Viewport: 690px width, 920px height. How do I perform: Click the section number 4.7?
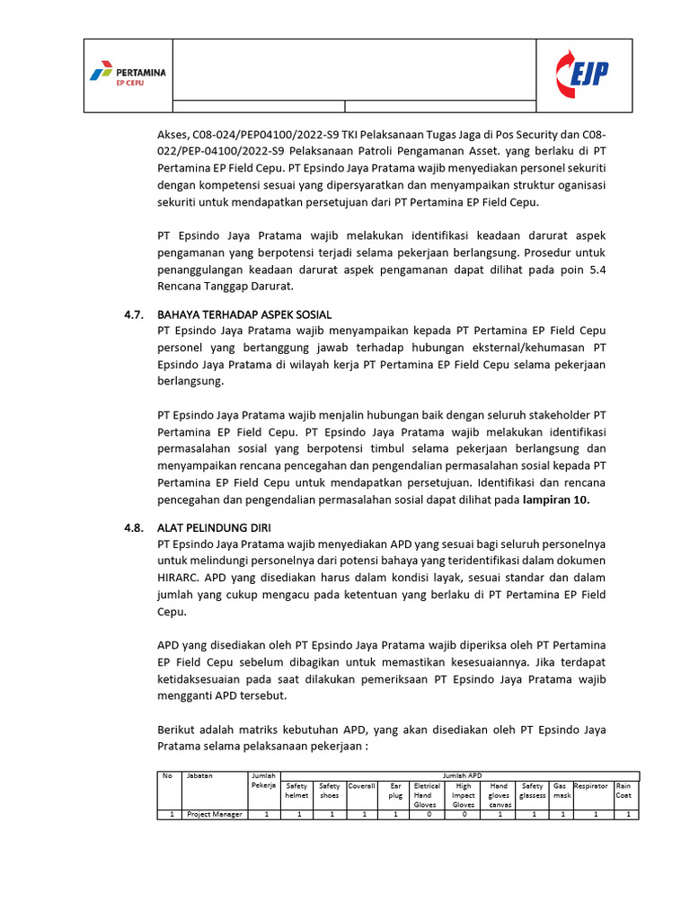pyautogui.click(x=134, y=314)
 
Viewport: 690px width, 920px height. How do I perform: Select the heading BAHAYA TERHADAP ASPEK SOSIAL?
pyautogui.click(x=244, y=314)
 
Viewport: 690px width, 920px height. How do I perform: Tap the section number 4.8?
pyautogui.click(x=134, y=528)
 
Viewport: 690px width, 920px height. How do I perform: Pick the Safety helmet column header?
pyautogui.click(x=296, y=790)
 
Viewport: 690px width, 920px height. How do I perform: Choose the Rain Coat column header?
pyautogui.click(x=624, y=790)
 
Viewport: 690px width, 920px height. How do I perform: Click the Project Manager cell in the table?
pyautogui.click(x=214, y=814)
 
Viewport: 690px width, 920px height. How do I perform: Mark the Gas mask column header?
pyautogui.click(x=561, y=790)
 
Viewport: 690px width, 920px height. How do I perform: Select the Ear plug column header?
pyautogui.click(x=395, y=790)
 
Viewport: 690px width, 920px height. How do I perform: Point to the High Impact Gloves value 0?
pyautogui.click(x=464, y=814)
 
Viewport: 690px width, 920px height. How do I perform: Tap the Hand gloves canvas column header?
pyautogui.click(x=500, y=794)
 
